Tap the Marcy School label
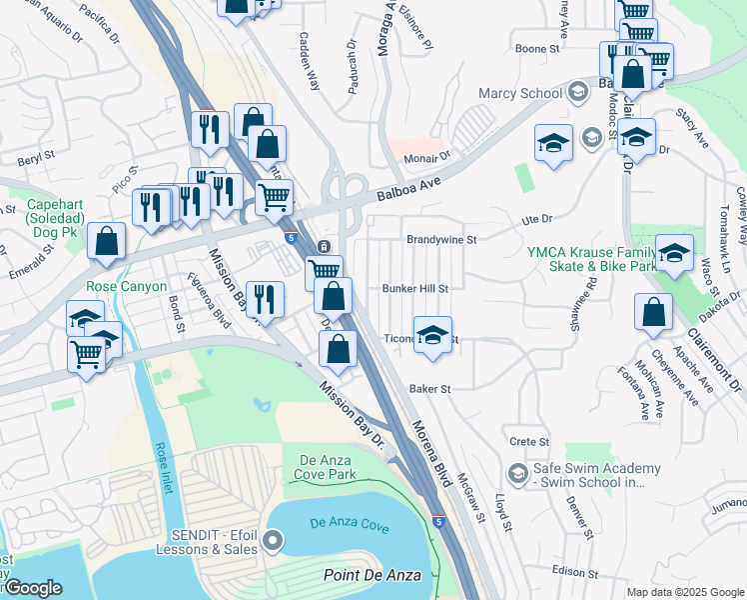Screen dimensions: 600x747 (520, 94)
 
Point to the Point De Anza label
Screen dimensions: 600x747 (372, 575)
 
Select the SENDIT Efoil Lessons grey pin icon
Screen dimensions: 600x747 (272, 541)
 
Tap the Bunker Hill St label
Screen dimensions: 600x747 (415, 289)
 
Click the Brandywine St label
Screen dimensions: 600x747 (441, 240)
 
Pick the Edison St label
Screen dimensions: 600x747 (573, 573)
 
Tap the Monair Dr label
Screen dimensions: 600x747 (427, 158)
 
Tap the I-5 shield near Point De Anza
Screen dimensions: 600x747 (439, 521)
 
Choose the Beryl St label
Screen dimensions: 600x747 (34, 159)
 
